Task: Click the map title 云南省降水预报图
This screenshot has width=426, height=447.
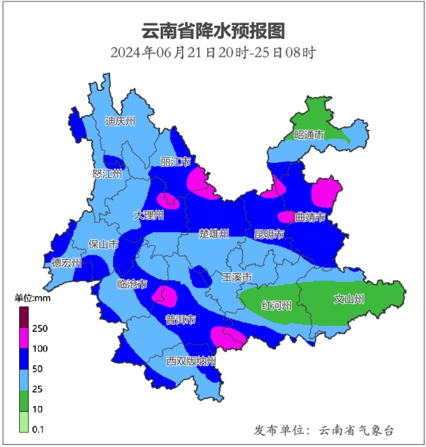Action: [x=213, y=32]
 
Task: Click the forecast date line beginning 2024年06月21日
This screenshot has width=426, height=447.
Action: [x=213, y=53]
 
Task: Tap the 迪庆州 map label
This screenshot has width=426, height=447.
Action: [x=120, y=121]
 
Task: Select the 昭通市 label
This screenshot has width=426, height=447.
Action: [x=308, y=135]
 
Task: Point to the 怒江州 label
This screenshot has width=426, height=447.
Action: [x=108, y=174]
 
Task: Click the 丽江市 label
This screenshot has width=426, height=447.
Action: [x=176, y=161]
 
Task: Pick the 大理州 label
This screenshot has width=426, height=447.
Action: [x=148, y=216]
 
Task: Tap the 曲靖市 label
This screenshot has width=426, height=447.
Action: [x=309, y=217]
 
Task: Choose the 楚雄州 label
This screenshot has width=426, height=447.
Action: [x=214, y=233]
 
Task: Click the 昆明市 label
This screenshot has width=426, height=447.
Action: [x=268, y=234]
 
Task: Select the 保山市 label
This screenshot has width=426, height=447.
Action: [x=103, y=244]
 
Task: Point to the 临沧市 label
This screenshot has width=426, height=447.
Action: [x=132, y=283]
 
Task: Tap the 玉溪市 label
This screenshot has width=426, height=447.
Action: [x=237, y=277]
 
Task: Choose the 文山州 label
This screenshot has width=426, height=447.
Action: [x=349, y=299]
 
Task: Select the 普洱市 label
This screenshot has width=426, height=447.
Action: [x=181, y=320]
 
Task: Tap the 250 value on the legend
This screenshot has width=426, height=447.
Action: [x=40, y=328]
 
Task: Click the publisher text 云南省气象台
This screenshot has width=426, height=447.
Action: [x=357, y=429]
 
